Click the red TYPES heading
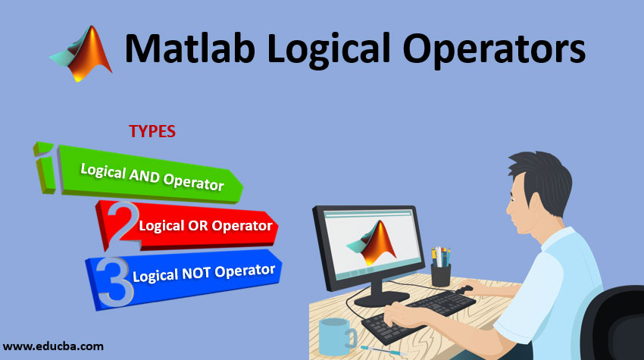pyautogui.click(x=152, y=131)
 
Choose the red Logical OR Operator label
pyautogui.click(x=205, y=225)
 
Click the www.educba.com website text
pyautogui.click(x=53, y=346)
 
